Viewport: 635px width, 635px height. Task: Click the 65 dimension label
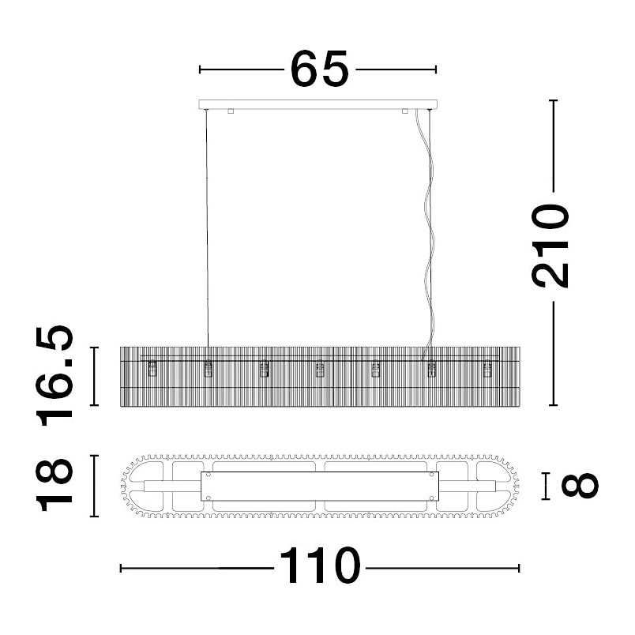[x=320, y=69]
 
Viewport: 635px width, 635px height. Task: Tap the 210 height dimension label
[x=550, y=246]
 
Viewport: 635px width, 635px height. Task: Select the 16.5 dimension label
[x=54, y=375]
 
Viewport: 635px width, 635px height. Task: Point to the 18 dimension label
[x=54, y=486]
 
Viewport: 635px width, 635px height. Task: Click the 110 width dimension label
[x=320, y=565]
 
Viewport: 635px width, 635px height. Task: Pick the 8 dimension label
[x=580, y=486]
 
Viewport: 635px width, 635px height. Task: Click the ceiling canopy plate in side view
[x=318, y=104]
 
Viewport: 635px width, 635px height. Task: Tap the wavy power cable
[x=427, y=235]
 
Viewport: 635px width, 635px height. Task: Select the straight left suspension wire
[x=207, y=228]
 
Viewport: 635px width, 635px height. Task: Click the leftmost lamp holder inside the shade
[x=152, y=369]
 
